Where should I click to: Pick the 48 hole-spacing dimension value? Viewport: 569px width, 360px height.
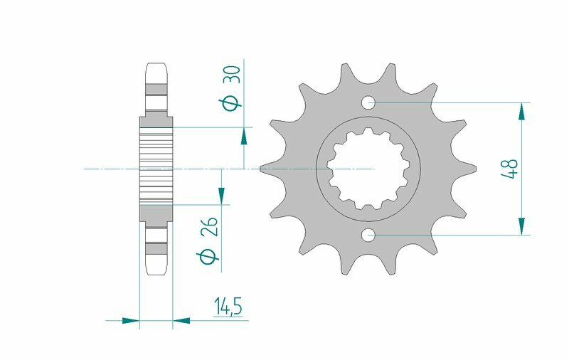511,169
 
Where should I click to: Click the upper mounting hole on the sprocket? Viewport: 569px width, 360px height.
368,103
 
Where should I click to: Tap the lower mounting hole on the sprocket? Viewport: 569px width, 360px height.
368,235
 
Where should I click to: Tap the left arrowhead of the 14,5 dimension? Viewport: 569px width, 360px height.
131,320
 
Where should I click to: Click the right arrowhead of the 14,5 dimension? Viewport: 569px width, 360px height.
181,320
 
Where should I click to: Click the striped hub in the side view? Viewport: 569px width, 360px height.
156,169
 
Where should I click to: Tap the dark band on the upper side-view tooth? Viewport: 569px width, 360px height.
156,90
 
